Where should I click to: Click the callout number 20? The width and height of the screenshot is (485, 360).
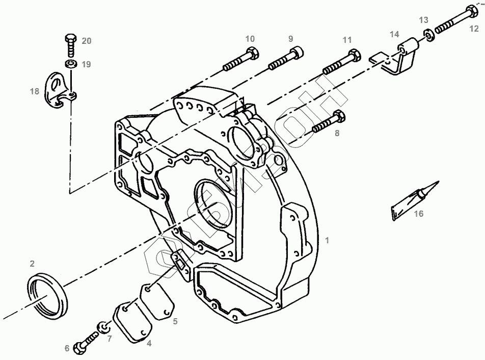click(87, 41)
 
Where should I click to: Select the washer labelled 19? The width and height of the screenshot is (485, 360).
click(70, 64)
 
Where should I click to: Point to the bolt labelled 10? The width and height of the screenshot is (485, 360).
click(241, 59)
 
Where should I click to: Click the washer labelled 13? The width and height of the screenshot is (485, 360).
click(429, 35)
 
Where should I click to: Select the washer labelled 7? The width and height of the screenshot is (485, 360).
click(103, 327)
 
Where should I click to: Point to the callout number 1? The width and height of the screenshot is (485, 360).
click(328, 239)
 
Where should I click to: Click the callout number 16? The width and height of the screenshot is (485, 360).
click(418, 214)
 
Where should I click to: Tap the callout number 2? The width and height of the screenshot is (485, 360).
click(32, 264)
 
